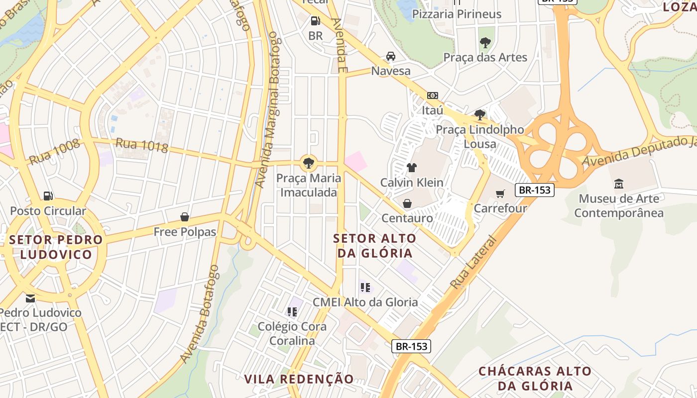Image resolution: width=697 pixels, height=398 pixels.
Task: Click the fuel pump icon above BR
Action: pyautogui.click(x=315, y=21)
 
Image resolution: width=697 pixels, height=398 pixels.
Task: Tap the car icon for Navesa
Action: pyautogui.click(x=391, y=56)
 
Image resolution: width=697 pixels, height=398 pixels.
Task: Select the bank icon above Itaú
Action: pyautogui.click(x=432, y=95)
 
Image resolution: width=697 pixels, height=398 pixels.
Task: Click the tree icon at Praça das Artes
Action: pyautogui.click(x=485, y=43)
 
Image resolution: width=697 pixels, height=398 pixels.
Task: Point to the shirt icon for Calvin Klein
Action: pyautogui.click(x=411, y=168)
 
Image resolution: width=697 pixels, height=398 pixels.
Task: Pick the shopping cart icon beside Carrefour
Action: pyautogui.click(x=500, y=194)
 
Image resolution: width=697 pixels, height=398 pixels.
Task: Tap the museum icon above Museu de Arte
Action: pyautogui.click(x=619, y=184)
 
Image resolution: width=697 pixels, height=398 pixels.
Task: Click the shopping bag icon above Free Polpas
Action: pyautogui.click(x=185, y=217)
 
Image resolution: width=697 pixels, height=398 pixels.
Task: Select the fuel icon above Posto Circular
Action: pyautogui.click(x=48, y=196)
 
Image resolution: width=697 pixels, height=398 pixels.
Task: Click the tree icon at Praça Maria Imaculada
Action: pyautogui.click(x=309, y=162)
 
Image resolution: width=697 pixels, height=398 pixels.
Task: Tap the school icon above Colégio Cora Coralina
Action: pyautogui.click(x=292, y=312)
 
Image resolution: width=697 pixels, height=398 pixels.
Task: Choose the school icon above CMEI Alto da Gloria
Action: pyautogui.click(x=365, y=288)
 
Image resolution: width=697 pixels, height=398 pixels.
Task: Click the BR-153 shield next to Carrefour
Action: pyautogui.click(x=534, y=190)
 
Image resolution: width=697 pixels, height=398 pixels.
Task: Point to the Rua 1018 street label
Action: pyautogui.click(x=142, y=145)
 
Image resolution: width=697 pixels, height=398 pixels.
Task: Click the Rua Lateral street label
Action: pyautogui.click(x=473, y=263)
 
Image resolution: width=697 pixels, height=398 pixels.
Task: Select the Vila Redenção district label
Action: pyautogui.click(x=299, y=379)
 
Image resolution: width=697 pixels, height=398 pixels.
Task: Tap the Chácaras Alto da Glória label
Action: pyautogui.click(x=535, y=378)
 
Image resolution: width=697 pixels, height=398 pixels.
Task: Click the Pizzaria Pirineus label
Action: pyautogui.click(x=457, y=14)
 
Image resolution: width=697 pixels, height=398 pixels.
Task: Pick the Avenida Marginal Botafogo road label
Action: pyautogui.click(x=267, y=109)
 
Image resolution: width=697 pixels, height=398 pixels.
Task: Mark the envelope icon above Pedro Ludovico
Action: pyautogui.click(x=31, y=298)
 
